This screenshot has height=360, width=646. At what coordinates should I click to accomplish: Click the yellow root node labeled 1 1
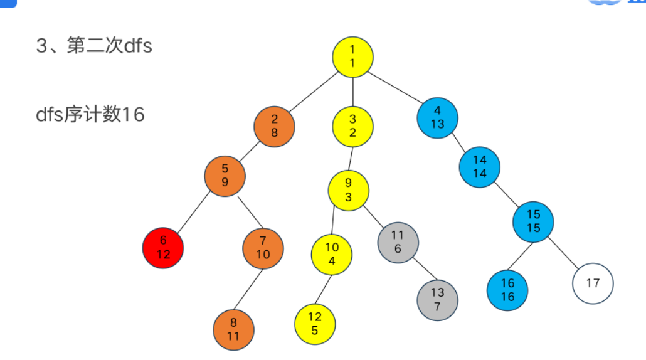click(353, 57)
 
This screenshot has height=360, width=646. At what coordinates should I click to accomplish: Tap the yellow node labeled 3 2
click(352, 125)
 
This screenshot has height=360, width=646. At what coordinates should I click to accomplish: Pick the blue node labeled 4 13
click(437, 117)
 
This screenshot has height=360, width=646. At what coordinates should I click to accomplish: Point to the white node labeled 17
click(593, 283)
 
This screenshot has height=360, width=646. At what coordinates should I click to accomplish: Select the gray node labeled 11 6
click(398, 242)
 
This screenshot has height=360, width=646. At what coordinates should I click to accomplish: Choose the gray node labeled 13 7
click(437, 300)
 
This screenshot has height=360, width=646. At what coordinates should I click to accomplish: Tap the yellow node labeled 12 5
click(315, 324)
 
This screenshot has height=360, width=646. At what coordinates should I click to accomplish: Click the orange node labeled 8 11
click(233, 330)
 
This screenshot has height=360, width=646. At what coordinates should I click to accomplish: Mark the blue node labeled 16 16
click(507, 290)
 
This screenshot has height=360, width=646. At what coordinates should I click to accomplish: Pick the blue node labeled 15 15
click(533, 221)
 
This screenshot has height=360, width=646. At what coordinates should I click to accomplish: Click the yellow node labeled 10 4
click(332, 254)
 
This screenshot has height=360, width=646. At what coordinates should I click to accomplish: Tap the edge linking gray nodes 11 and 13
click(418, 271)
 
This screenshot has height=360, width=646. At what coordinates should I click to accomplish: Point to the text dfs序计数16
click(90, 115)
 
